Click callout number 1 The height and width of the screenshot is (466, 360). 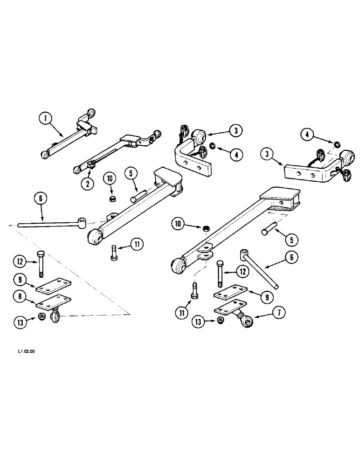click(x=45, y=119)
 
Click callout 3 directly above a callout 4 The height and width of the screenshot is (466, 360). click(x=236, y=131)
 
